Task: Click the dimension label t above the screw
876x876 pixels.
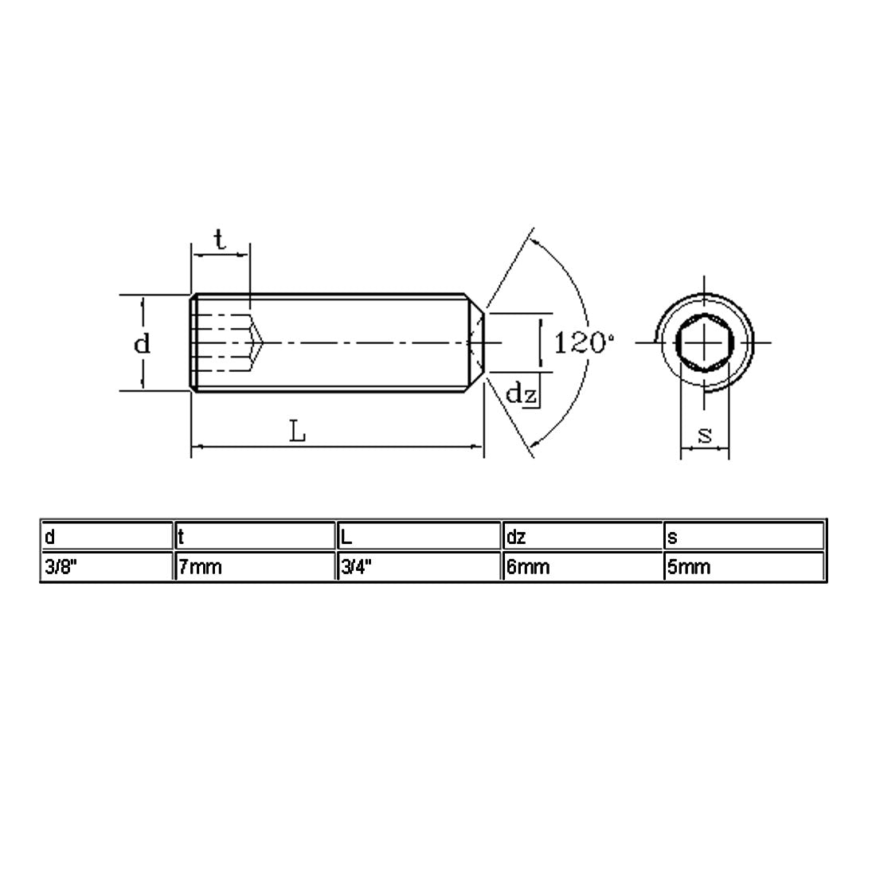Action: pos(220,239)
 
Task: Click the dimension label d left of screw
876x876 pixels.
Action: pos(141,344)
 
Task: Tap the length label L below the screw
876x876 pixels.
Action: pos(297,432)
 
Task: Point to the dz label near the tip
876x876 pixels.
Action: pos(522,393)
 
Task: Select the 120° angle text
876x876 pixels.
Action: pos(584,343)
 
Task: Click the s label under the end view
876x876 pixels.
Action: pos(704,435)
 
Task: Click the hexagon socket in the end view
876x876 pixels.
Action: pos(704,342)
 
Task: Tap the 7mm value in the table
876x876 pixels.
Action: pos(200,567)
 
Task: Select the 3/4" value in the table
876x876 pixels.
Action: pos(356,567)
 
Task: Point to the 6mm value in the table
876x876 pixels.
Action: pos(528,567)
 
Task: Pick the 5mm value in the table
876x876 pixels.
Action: pos(688,567)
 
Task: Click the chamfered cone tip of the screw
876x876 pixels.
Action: pos(476,342)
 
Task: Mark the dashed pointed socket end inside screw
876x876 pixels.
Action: pos(256,342)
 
